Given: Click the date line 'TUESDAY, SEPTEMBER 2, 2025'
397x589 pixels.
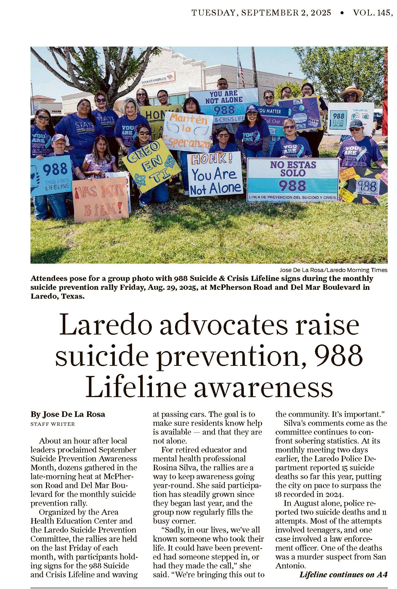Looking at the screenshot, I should pos(261,13).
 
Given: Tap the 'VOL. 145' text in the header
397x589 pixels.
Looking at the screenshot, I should pos(371,13).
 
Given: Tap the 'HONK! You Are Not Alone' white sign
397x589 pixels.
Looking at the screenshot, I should pos(215,174).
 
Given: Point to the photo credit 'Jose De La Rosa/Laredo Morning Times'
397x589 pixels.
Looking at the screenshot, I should pos(333,270).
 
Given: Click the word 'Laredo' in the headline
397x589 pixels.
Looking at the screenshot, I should pos(105,326).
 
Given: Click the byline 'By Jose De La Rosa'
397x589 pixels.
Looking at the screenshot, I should pos(68,414).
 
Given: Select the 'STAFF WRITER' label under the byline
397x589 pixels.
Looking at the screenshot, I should pos(53,424).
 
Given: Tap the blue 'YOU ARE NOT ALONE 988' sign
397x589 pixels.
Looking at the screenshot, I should pos(224,102).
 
